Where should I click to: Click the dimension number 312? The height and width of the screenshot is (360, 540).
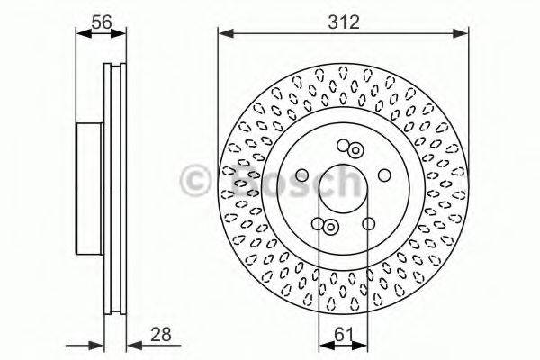point(345,22)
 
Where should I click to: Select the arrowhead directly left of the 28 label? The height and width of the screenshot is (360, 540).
point(131,344)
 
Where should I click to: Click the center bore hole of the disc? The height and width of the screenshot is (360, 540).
point(344,186)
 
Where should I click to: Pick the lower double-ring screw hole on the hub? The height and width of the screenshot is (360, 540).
point(330,226)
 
